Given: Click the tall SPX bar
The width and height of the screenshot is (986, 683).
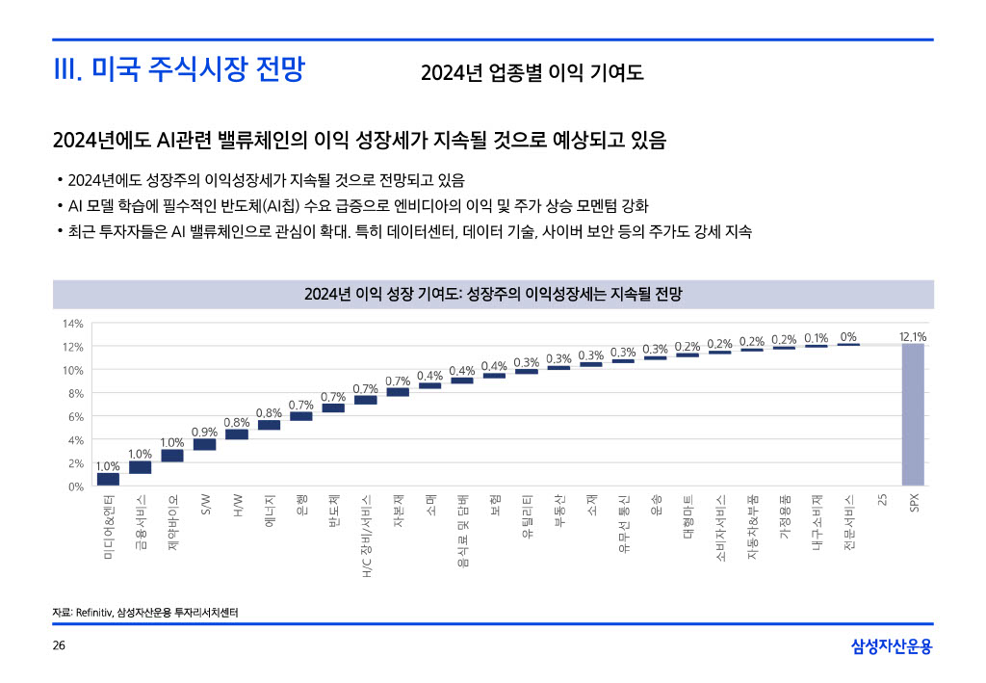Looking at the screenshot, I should pos(913,414).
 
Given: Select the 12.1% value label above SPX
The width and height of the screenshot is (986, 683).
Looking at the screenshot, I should pos(913,337).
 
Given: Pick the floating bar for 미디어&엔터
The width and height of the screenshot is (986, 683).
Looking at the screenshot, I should pos(108,479).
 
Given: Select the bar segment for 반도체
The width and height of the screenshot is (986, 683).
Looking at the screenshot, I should pos(333,407).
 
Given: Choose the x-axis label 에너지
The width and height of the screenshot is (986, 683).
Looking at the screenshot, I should pos(270,511).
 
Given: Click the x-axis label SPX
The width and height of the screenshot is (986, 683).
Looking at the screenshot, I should pos(914,504).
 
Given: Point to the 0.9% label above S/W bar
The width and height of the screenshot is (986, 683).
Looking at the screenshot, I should pos(204,432).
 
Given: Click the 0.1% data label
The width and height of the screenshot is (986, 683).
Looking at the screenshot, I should pos(817,338).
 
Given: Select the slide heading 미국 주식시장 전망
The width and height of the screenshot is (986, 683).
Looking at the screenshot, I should pos(179,70).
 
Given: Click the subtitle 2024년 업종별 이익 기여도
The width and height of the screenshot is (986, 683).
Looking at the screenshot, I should pos(532,73).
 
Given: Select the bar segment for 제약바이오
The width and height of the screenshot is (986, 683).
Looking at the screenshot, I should pos(172,456).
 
